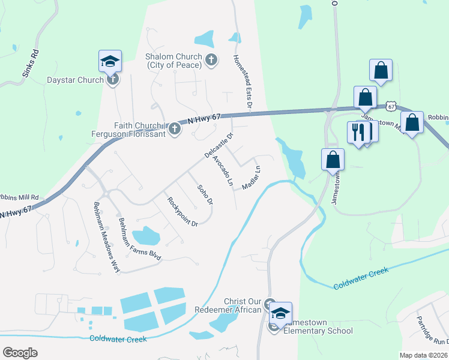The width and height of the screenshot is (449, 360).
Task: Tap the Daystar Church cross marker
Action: (112, 79)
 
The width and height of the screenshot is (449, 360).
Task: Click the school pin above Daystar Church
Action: (110, 61)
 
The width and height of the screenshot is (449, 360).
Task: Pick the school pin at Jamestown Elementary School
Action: (280, 313)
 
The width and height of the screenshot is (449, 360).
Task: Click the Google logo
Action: (20, 352)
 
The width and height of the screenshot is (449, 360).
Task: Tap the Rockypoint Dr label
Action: (182, 212)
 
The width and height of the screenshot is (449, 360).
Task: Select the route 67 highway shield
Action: (391, 106)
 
